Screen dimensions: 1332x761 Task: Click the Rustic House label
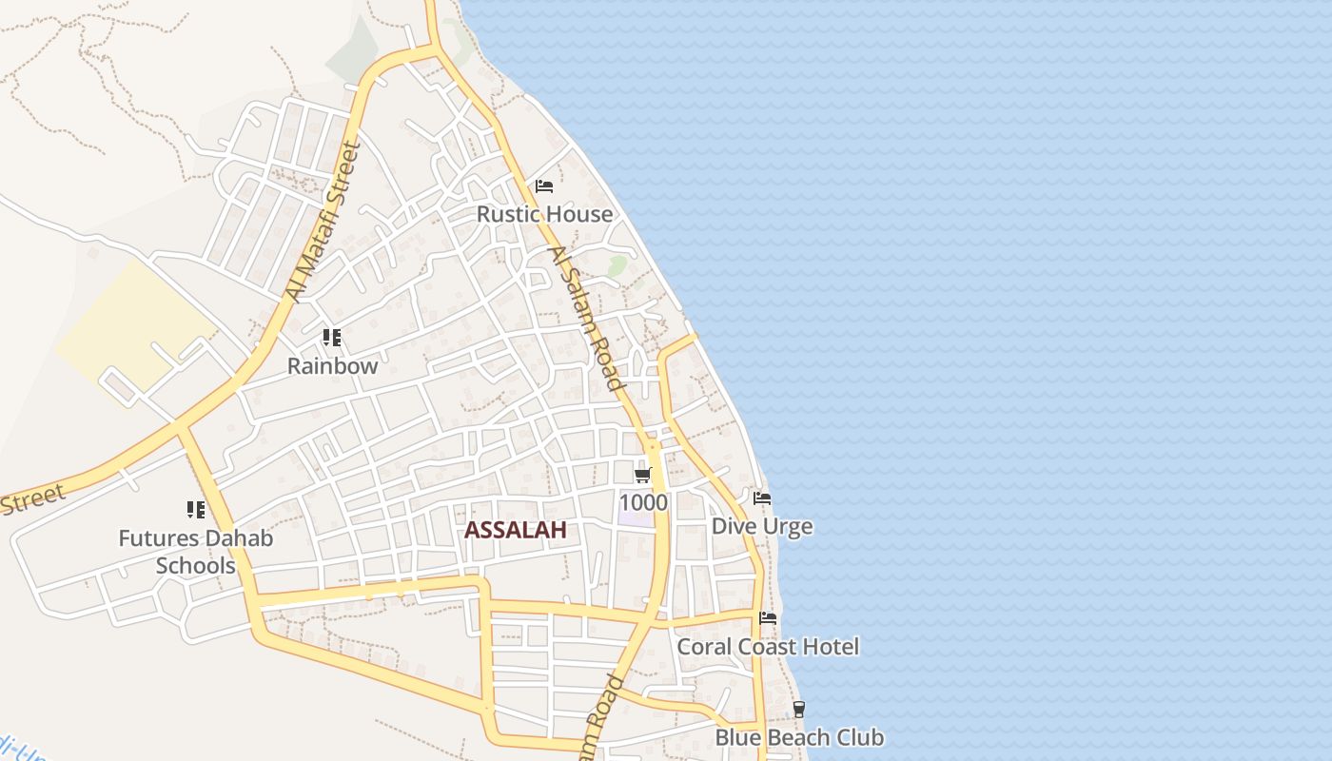pyautogui.click(x=544, y=214)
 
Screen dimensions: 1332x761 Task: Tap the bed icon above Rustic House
pyautogui.click(x=544, y=185)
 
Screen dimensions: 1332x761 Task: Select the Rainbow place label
pyautogui.click(x=332, y=366)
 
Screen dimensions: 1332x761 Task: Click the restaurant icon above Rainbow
pyautogui.click(x=332, y=338)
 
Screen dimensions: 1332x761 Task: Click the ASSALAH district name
pyautogui.click(x=515, y=531)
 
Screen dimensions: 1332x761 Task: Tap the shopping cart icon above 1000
pyautogui.click(x=643, y=475)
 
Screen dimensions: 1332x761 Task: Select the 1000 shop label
pyautogui.click(x=643, y=502)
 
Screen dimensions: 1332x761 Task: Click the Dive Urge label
pyautogui.click(x=762, y=526)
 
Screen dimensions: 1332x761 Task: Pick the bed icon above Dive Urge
pyautogui.click(x=762, y=498)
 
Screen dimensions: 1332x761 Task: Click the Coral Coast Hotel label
pyautogui.click(x=768, y=647)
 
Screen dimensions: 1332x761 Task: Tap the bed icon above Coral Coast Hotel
pyautogui.click(x=768, y=618)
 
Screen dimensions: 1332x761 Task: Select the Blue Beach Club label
pyautogui.click(x=799, y=737)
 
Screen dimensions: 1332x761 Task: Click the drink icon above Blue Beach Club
pyautogui.click(x=799, y=709)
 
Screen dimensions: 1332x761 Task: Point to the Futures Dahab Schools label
pyautogui.click(x=196, y=552)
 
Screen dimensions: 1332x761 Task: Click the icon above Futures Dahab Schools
pyautogui.click(x=196, y=510)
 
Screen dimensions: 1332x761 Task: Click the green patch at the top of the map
pyautogui.click(x=354, y=52)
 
